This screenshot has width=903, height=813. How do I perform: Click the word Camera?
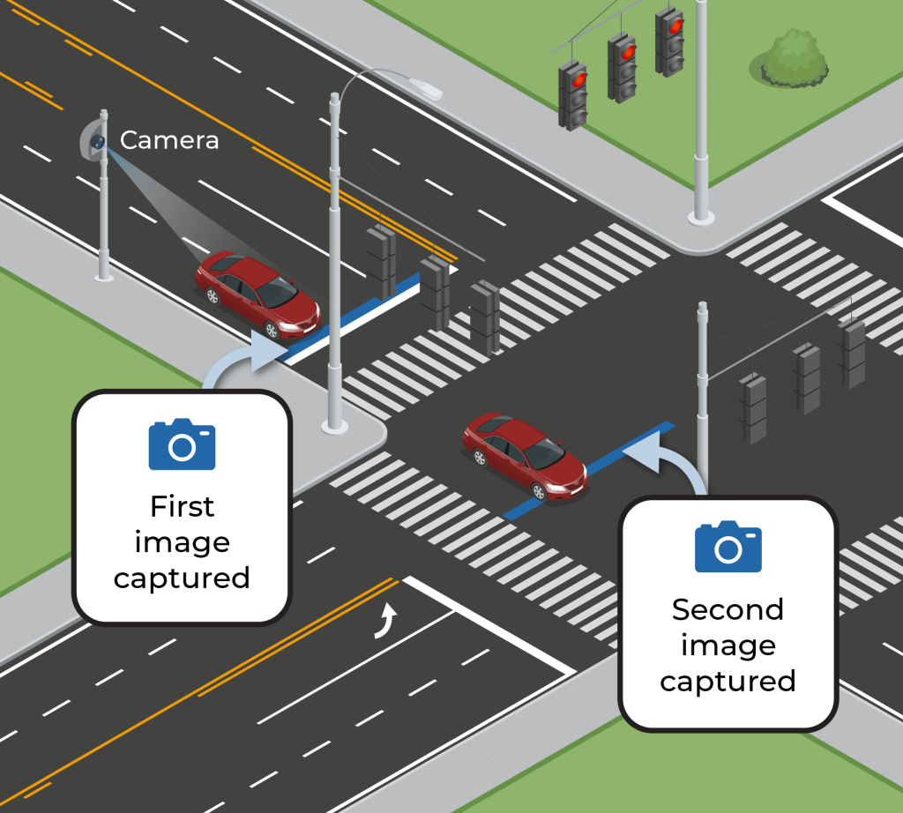(x=169, y=139)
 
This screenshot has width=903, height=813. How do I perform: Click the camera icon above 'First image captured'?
(x=182, y=444)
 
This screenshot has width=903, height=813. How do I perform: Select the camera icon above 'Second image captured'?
(x=728, y=547)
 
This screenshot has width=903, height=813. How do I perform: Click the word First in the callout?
(x=182, y=507)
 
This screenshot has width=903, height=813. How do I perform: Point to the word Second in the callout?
(x=728, y=609)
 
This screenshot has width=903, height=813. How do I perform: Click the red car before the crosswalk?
(x=257, y=294)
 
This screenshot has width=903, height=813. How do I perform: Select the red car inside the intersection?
(x=524, y=454)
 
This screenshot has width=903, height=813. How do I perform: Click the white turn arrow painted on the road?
(x=384, y=619)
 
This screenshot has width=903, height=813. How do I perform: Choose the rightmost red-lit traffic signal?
(x=670, y=40)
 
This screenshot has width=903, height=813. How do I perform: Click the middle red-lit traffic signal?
(x=622, y=65)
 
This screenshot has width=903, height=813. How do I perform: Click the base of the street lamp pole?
(x=334, y=425)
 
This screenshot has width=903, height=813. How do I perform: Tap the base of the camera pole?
(x=104, y=276)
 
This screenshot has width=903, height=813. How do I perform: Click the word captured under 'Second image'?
(x=728, y=681)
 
